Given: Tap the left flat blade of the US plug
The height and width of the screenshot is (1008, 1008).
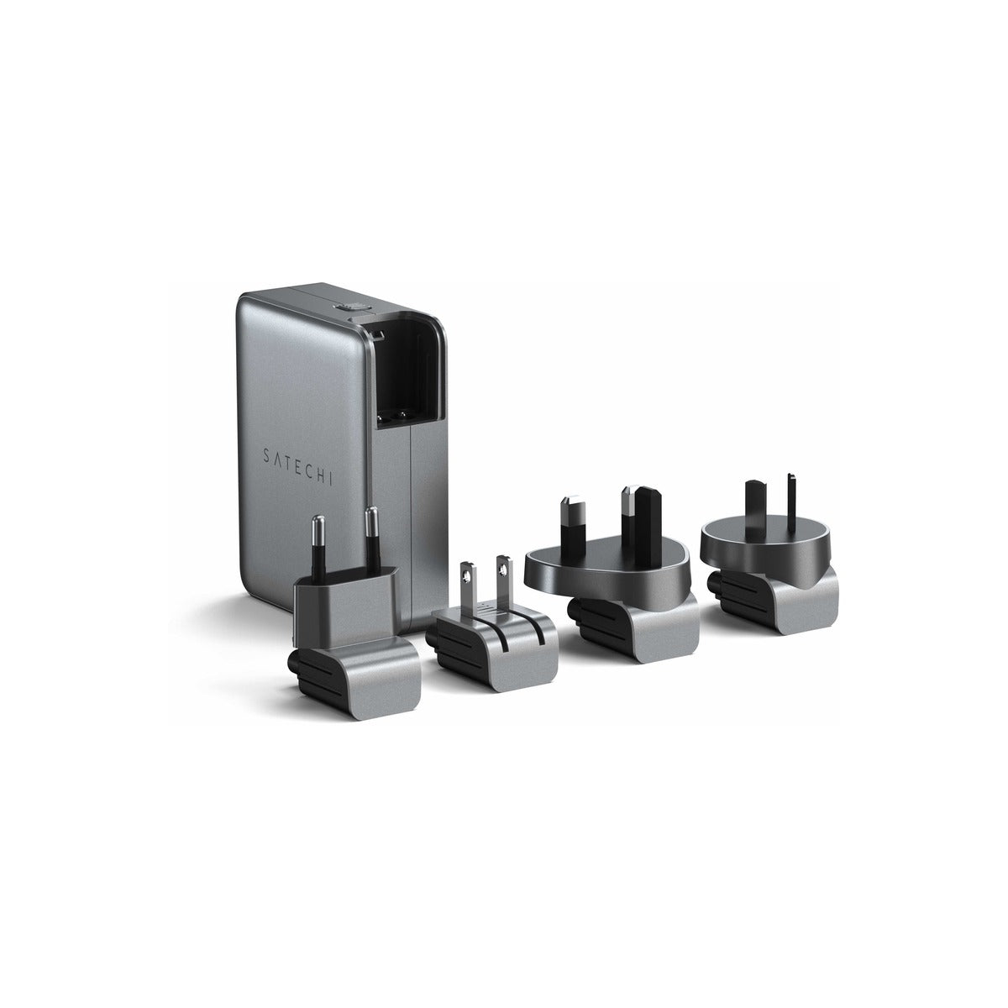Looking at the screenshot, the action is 466,587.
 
